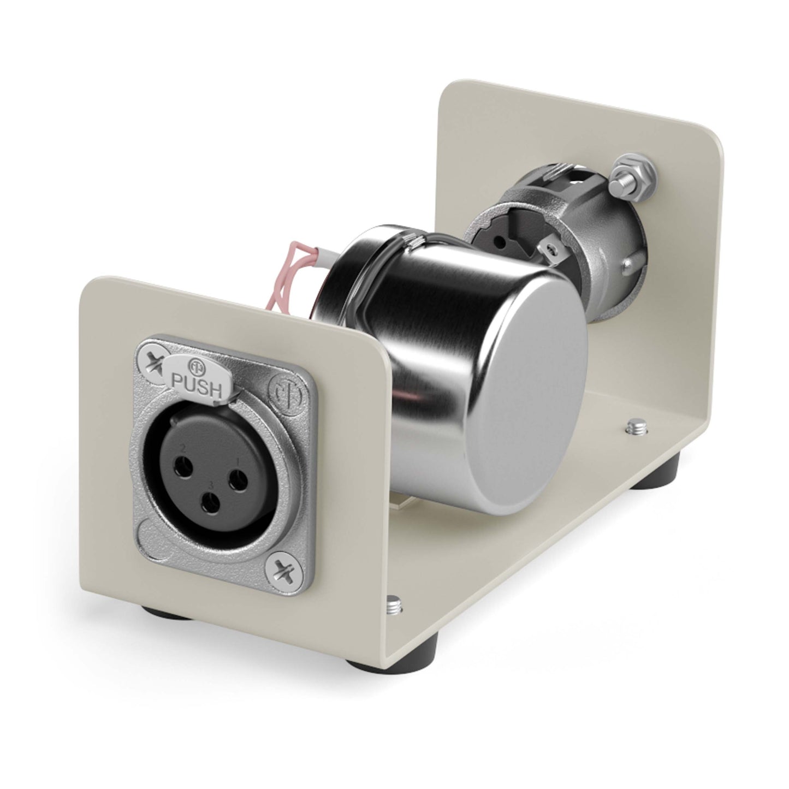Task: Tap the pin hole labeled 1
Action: [x=238, y=477]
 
